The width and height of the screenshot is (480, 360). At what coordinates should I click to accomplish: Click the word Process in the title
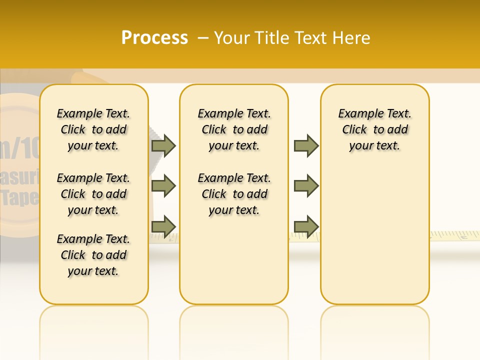pyautogui.click(x=154, y=38)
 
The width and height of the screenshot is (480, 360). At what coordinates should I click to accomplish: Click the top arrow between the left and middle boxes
pyautogui.click(x=163, y=145)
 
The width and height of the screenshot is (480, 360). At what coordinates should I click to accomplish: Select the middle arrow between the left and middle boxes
pyautogui.click(x=163, y=186)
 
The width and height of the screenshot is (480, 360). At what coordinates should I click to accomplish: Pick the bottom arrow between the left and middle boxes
pyautogui.click(x=163, y=226)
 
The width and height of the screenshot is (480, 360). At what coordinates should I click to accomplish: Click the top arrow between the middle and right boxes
pyautogui.click(x=306, y=145)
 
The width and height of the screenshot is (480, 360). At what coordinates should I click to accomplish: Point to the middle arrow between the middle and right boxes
pyautogui.click(x=306, y=186)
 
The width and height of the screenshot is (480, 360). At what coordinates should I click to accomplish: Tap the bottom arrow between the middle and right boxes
pyautogui.click(x=306, y=226)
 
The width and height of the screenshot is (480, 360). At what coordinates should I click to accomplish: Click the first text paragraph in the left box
pyautogui.click(x=93, y=129)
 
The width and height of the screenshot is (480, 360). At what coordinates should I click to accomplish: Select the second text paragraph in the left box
pyautogui.click(x=93, y=194)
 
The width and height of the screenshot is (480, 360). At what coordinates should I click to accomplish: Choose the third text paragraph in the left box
pyautogui.click(x=93, y=255)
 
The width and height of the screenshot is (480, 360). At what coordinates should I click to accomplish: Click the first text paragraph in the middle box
pyautogui.click(x=234, y=129)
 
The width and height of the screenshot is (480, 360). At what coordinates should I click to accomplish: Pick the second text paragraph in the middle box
pyautogui.click(x=234, y=194)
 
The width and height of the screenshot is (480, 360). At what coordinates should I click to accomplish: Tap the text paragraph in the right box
pyautogui.click(x=375, y=129)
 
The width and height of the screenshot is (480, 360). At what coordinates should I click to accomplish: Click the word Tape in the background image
pyautogui.click(x=20, y=198)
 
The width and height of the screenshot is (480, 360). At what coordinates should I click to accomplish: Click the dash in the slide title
pyautogui.click(x=203, y=38)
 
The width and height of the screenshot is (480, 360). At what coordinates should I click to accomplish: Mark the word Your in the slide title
pyautogui.click(x=233, y=38)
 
